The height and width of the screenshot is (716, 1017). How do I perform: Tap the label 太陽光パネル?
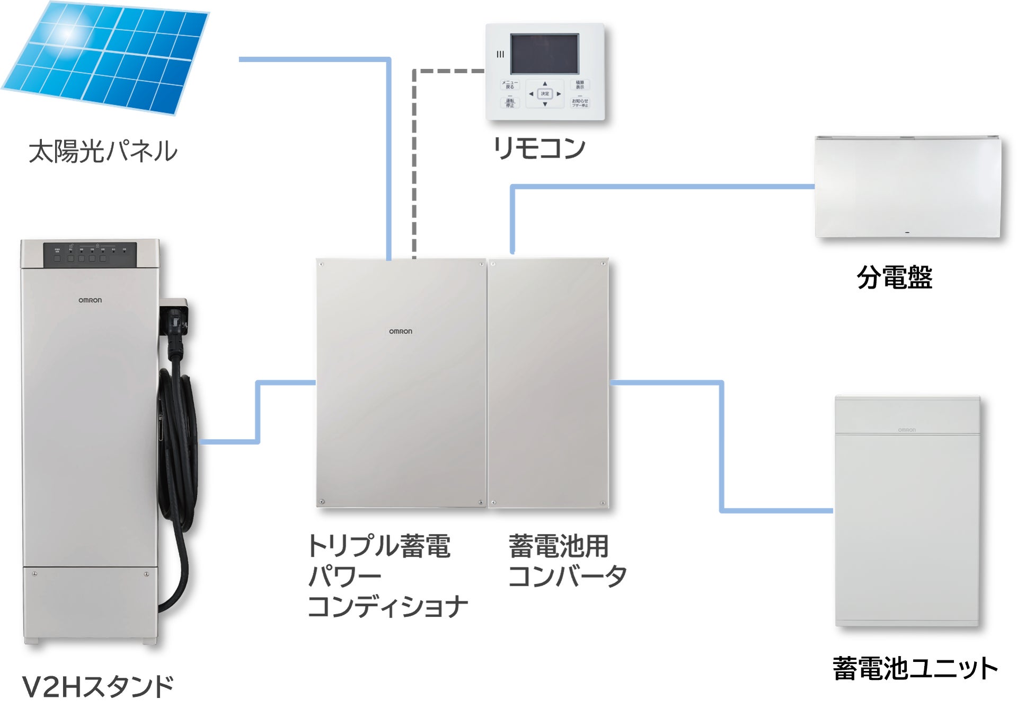point(103,151)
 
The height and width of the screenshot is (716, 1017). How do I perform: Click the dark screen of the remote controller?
point(544,54)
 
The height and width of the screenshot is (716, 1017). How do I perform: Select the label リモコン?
point(539,148)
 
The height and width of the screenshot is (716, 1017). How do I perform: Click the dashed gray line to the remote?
point(414,159)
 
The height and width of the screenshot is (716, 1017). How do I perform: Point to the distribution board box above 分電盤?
point(907,186)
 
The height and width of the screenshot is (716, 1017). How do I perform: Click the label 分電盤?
point(895,277)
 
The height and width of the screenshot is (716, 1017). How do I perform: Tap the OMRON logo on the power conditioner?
point(400,331)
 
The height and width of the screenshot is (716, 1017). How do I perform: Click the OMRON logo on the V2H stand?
point(90,300)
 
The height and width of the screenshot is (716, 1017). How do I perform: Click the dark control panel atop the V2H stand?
point(90,255)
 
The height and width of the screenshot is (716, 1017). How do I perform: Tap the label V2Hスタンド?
point(98,686)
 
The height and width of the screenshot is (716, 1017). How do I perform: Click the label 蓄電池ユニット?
point(915,668)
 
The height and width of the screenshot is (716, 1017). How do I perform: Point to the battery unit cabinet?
point(907,525)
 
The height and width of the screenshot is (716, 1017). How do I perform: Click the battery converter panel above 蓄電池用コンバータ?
point(549,382)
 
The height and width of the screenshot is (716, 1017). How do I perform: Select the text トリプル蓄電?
point(379,546)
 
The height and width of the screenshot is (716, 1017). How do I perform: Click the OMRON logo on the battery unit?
point(907,430)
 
